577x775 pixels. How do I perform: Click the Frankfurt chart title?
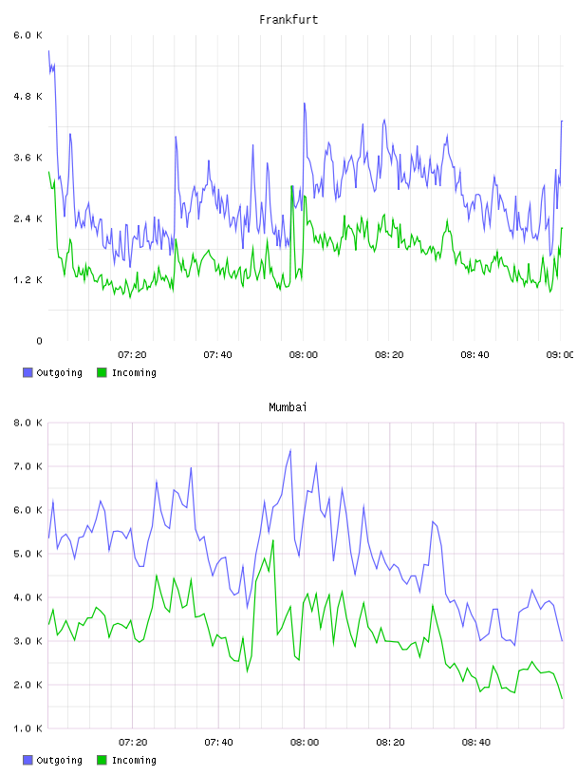click(x=288, y=20)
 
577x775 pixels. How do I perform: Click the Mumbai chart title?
click(x=288, y=407)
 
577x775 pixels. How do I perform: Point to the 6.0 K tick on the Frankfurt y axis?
click(x=28, y=35)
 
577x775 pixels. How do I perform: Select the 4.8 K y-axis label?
click(x=28, y=96)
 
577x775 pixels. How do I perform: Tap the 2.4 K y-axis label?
click(x=28, y=219)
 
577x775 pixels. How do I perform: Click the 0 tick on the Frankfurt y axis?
click(x=39, y=341)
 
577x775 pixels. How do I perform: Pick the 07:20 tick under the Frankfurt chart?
click(x=132, y=355)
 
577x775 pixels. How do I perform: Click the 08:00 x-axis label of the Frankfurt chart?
click(x=304, y=355)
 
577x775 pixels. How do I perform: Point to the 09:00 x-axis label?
click(x=560, y=355)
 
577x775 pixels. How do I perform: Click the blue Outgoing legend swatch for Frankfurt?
click(x=28, y=372)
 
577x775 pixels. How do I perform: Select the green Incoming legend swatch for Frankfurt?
click(x=102, y=372)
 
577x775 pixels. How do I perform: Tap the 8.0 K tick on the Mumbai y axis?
click(x=28, y=423)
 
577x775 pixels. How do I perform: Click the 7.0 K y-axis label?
click(x=28, y=466)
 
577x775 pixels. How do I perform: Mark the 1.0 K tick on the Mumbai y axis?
click(x=28, y=728)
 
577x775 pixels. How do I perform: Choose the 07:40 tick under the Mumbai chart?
click(x=218, y=743)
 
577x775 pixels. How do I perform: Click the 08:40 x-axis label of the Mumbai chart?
click(x=475, y=743)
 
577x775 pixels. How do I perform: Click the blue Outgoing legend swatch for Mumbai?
click(x=28, y=760)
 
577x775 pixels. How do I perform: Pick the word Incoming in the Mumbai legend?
click(x=134, y=760)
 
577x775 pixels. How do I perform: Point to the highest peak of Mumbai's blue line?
click(x=290, y=450)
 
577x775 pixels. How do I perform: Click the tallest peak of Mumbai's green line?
click(x=272, y=540)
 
